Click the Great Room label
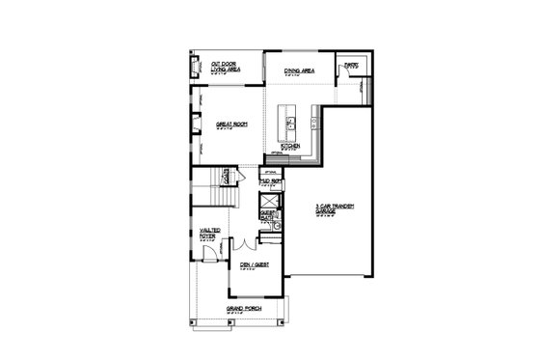228,125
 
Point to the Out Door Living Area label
211,68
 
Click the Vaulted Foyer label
209,233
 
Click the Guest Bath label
267,216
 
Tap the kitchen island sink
289,123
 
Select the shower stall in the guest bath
270,201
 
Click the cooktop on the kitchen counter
314,123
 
